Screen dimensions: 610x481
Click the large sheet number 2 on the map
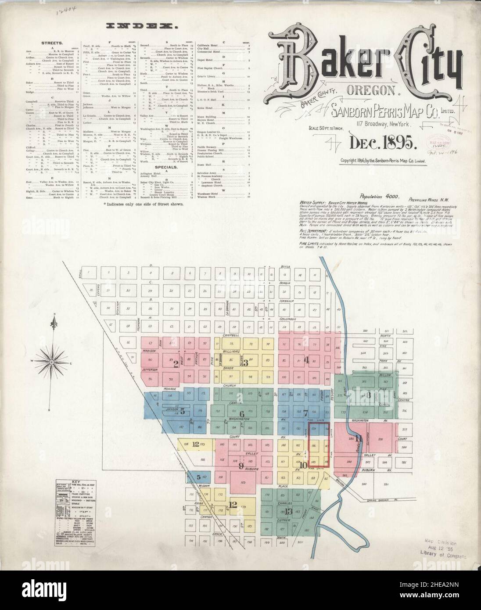tap(176, 363)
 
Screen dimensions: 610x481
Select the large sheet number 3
tap(246, 362)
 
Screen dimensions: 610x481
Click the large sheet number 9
tap(240, 466)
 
